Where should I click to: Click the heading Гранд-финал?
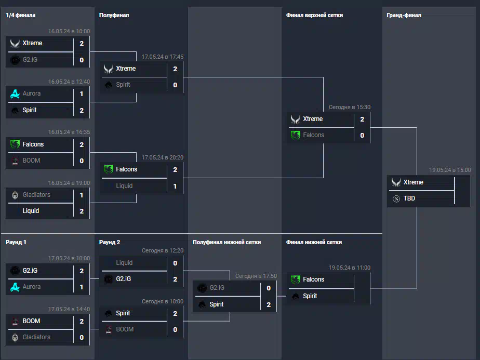point(404,15)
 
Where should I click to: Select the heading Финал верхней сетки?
point(314,15)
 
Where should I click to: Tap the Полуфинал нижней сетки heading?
point(226,242)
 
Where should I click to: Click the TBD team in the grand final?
point(409,198)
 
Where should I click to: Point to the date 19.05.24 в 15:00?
point(450,170)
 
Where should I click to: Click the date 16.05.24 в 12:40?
point(69,82)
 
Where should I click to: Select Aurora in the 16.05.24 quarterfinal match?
point(32,94)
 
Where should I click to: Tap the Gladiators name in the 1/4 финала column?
point(36,195)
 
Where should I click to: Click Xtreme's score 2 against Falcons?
point(362,119)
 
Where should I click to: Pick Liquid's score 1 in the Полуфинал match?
point(175,186)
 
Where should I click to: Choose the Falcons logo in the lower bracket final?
point(296,279)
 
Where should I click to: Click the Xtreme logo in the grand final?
point(396,182)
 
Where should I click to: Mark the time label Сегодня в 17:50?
point(256,276)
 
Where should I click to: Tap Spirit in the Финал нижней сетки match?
point(310,296)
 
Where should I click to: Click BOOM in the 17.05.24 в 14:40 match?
point(31,321)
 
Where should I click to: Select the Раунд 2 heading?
point(110,242)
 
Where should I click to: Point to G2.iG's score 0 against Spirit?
point(269,288)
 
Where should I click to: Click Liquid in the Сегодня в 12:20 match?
point(124,263)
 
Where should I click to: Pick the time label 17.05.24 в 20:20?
point(163,157)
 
